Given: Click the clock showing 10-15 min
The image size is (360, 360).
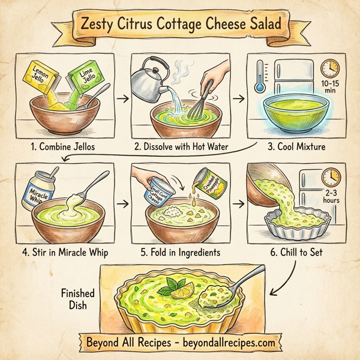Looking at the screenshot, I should pyautogui.click(x=330, y=67).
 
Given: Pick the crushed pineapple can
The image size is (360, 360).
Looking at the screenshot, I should pyautogui.click(x=208, y=181).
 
